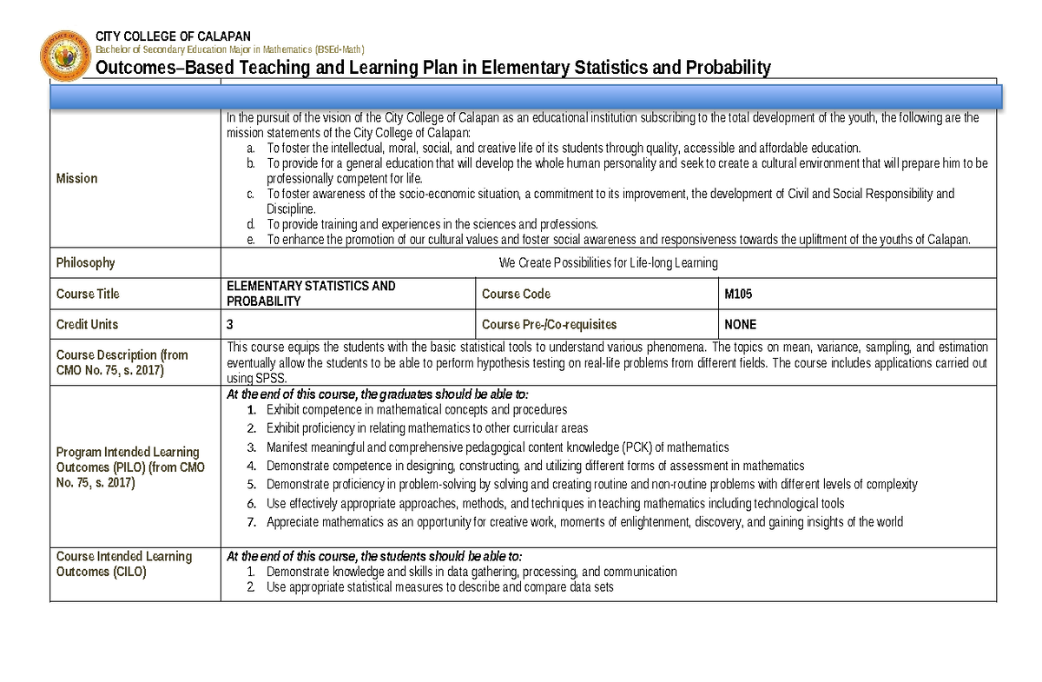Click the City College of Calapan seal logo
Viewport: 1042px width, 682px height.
[64, 56]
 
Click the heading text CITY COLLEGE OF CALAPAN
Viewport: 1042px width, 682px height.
[173, 36]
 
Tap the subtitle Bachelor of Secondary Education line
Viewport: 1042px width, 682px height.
[230, 50]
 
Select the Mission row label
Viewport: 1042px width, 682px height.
[76, 178]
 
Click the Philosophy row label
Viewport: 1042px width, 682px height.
[85, 262]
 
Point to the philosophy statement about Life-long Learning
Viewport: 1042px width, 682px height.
[608, 263]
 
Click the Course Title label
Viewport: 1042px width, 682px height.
[88, 294]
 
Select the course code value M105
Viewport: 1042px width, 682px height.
[738, 294]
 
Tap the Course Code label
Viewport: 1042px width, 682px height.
[516, 294]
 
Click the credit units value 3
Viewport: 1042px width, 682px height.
[230, 324]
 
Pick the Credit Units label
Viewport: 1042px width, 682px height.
[87, 324]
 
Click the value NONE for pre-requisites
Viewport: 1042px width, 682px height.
[740, 324]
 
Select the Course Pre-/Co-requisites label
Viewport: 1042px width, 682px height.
[549, 324]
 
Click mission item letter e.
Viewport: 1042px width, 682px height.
[251, 240]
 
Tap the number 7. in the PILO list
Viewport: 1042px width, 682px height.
[251, 522]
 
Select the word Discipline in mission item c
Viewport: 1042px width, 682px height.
[291, 209]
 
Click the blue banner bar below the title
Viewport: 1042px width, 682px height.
[526, 96]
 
